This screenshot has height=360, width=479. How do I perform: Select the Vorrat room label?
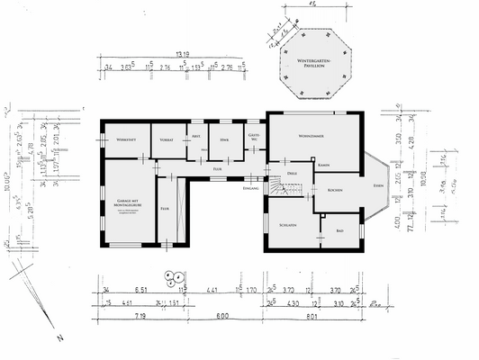point(167,139)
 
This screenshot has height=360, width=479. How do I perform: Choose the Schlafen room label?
point(289,225)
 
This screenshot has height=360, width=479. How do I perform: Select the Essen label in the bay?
point(377,185)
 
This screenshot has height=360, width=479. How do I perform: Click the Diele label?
point(292,171)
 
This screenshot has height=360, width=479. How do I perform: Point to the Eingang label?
point(251,189)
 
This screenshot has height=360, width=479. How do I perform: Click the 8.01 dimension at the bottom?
point(312,317)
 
